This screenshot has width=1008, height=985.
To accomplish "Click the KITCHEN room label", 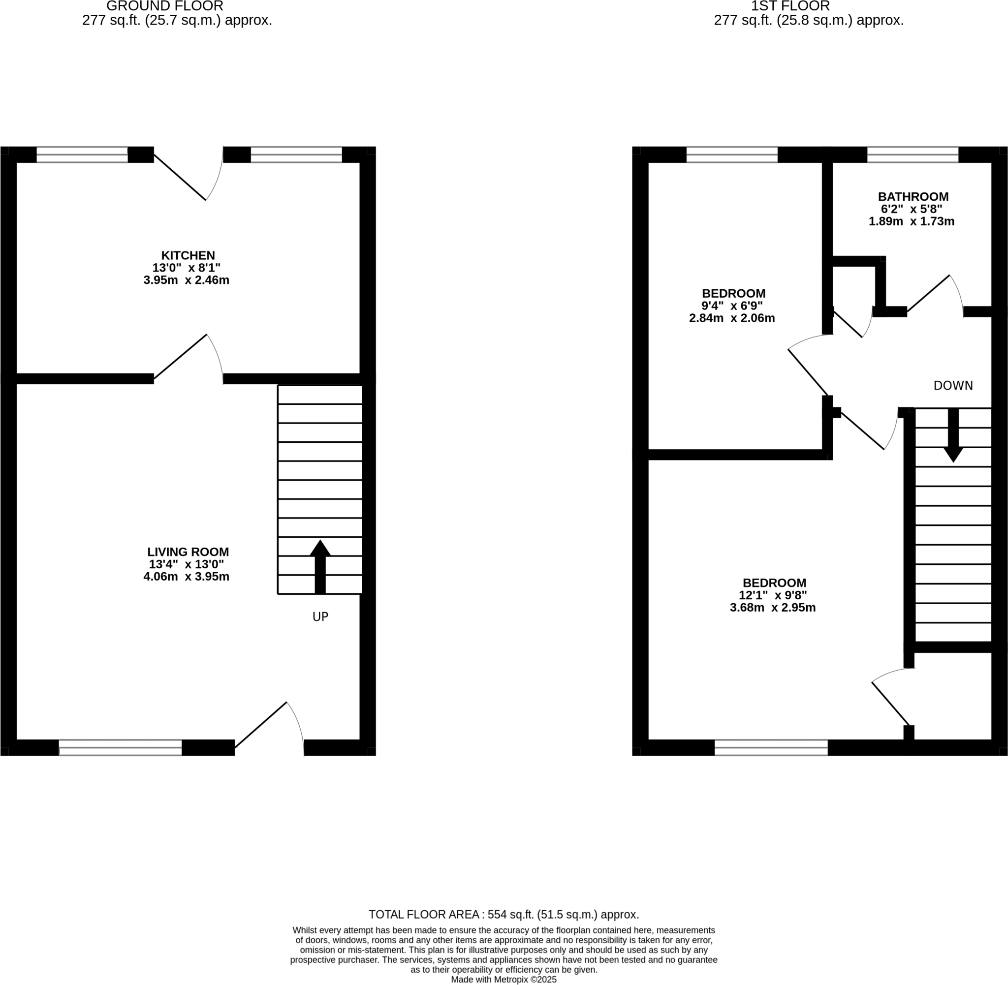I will click(188, 255).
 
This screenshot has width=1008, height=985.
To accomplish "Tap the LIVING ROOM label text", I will click(188, 552).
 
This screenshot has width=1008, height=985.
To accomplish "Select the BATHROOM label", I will click(913, 197).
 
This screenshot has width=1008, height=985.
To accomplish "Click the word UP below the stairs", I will click(320, 616).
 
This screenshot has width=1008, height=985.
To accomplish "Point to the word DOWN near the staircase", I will click(953, 385).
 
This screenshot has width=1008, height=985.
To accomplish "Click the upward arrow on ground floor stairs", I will click(320, 566).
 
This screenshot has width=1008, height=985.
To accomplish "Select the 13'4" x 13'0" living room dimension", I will click(186, 564).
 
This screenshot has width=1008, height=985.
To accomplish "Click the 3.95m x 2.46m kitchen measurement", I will click(186, 280).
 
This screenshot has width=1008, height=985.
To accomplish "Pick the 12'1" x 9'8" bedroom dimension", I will click(773, 595).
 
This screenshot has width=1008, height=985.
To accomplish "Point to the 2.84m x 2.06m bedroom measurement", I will click(732, 319).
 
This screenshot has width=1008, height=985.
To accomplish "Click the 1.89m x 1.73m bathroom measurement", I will click(911, 221).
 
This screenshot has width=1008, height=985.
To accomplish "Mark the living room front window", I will click(120, 747).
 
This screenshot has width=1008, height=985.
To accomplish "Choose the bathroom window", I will click(913, 154).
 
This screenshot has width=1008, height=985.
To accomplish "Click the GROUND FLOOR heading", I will click(164, 6).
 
